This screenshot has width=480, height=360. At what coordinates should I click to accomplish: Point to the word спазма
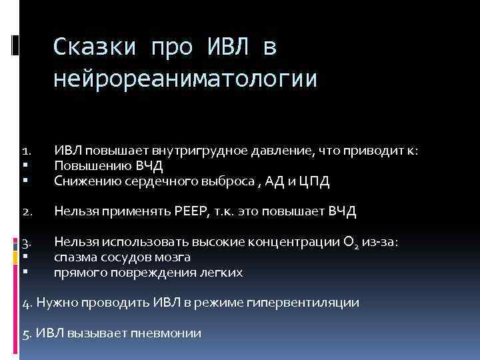[75, 257]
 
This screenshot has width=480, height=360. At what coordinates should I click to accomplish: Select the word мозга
[175, 257]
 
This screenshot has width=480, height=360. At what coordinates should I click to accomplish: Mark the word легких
[220, 272]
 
